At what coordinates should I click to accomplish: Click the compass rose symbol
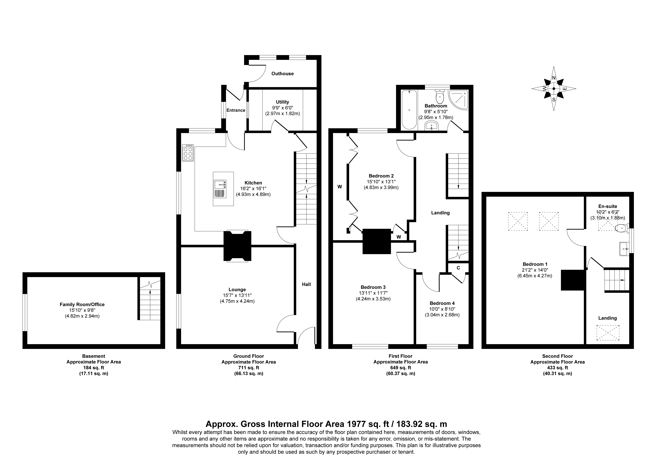pyautogui.click(x=554, y=89)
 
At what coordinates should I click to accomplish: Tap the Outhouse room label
pyautogui.click(x=282, y=73)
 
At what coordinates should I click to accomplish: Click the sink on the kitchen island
pyautogui.click(x=220, y=189)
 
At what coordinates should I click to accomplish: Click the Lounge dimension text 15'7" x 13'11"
pyautogui.click(x=237, y=295)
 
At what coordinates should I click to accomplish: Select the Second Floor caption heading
pyautogui.click(x=557, y=356)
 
